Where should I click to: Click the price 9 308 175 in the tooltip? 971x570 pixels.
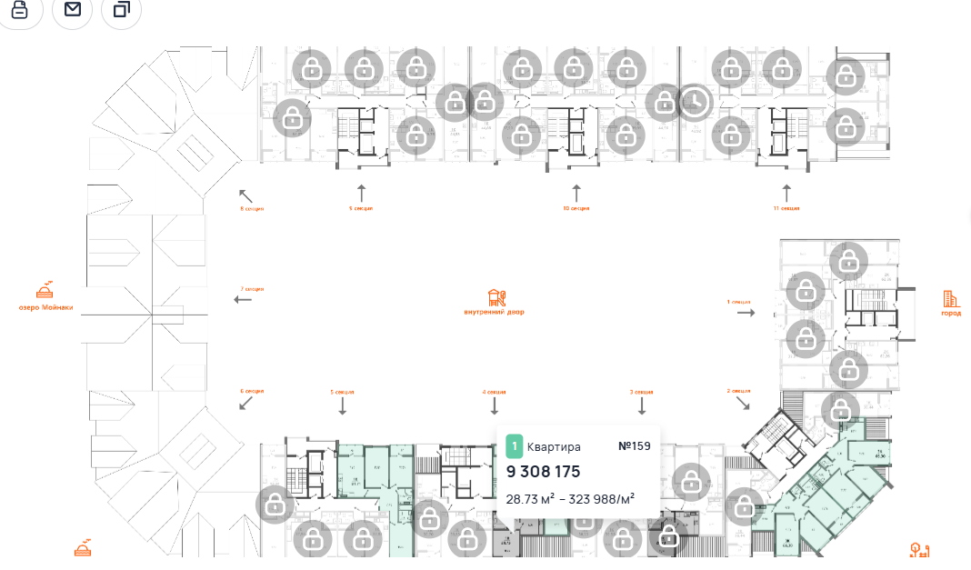(x=543, y=472)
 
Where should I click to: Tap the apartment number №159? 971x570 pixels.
(x=634, y=446)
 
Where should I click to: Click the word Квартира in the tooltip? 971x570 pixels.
(x=554, y=446)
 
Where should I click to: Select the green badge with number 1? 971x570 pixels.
(x=515, y=446)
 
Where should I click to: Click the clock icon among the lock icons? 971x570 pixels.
(x=695, y=102)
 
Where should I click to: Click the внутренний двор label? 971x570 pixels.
(x=494, y=312)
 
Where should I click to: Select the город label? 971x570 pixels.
(x=951, y=313)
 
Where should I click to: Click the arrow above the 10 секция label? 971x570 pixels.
(x=576, y=193)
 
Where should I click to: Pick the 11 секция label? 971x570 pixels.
(x=787, y=208)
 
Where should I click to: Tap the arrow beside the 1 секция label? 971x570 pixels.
(x=746, y=312)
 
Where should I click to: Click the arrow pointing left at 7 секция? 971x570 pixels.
(x=243, y=299)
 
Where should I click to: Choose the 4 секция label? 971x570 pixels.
(x=494, y=392)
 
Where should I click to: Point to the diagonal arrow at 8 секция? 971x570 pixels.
(x=245, y=195)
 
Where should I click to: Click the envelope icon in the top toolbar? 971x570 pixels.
(x=73, y=9)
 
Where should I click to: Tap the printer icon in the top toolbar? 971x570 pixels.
(x=20, y=9)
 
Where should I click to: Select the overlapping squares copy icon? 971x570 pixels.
(x=122, y=9)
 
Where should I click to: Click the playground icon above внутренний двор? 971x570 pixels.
(x=496, y=297)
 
